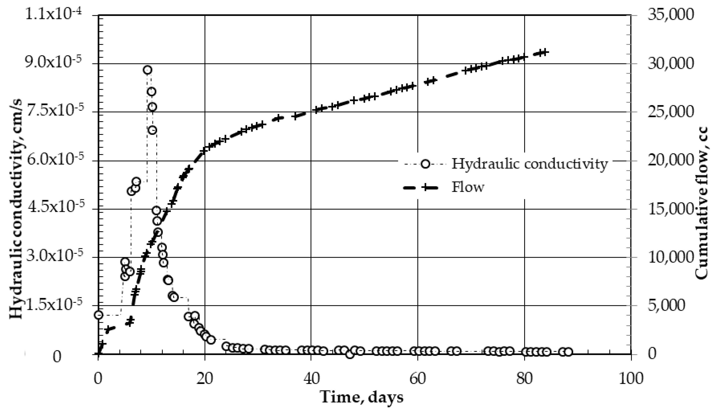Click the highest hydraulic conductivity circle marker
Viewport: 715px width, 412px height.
pos(147,70)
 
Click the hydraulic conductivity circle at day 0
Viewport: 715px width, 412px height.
pos(98,315)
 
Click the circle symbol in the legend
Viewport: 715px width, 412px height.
pos(425,164)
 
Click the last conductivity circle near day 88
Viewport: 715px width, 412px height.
pos(568,352)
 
